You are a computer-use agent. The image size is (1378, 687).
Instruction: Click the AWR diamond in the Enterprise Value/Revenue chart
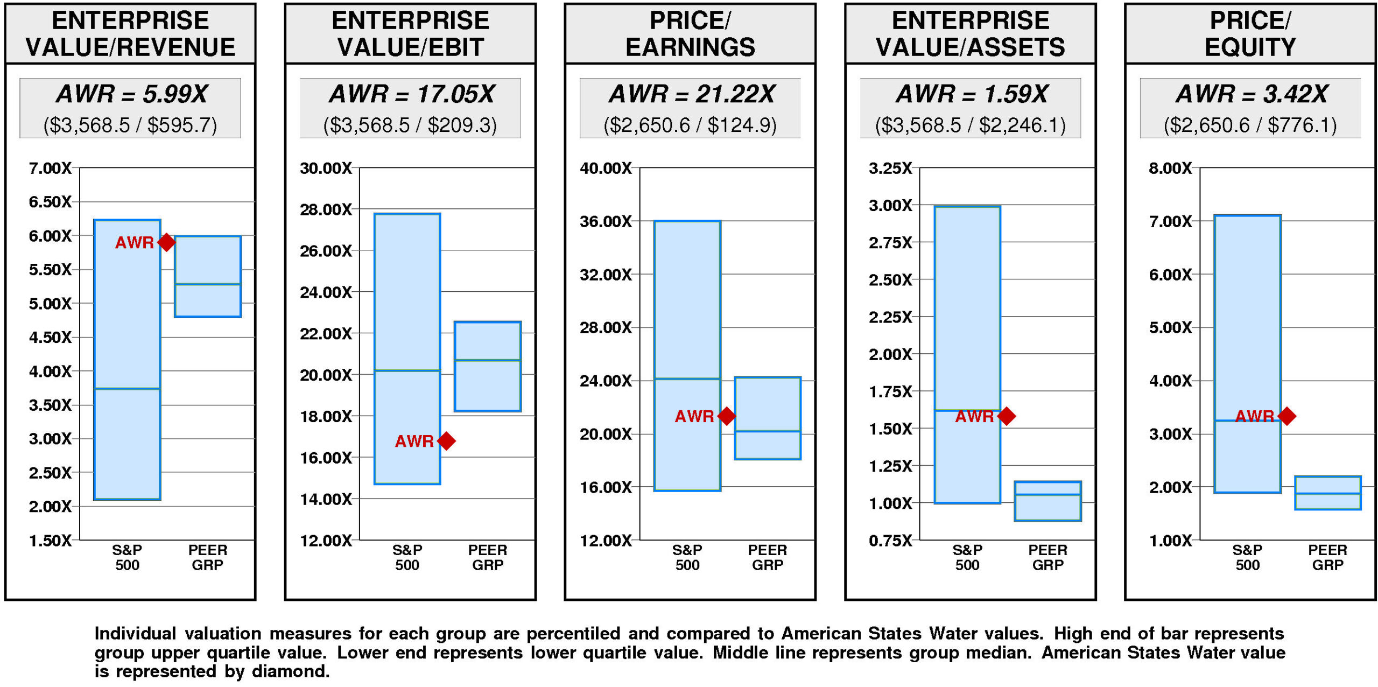point(166,242)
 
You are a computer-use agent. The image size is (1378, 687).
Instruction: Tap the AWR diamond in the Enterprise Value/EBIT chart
point(446,441)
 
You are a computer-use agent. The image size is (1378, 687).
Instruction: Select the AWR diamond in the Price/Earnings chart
point(727,416)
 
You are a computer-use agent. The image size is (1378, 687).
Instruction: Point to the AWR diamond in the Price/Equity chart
point(1286,416)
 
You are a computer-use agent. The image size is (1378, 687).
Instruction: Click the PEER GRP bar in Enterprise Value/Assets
point(1047,501)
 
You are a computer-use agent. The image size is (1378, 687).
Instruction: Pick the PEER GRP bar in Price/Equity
point(1327,493)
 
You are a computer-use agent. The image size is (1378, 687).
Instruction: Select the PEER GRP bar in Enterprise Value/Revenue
point(208,276)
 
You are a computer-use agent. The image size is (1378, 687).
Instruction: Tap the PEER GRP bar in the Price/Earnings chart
point(768,418)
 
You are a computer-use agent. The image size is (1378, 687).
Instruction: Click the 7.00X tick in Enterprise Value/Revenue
point(50,169)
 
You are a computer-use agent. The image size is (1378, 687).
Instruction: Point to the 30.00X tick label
point(326,169)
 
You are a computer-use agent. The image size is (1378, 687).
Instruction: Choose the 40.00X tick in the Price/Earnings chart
point(606,169)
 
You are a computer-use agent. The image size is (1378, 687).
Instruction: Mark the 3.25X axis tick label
point(890,169)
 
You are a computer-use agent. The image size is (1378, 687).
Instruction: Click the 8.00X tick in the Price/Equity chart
point(1170,169)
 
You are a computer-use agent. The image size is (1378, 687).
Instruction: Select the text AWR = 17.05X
point(411,94)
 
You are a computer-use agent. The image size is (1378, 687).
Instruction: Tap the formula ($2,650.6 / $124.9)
point(690,125)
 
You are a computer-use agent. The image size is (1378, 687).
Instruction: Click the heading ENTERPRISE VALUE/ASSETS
point(970,33)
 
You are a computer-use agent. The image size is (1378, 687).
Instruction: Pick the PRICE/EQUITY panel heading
point(1250,33)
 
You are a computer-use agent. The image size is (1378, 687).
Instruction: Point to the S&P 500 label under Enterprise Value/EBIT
point(407,557)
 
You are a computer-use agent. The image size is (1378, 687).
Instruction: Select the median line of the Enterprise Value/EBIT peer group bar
point(488,360)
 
